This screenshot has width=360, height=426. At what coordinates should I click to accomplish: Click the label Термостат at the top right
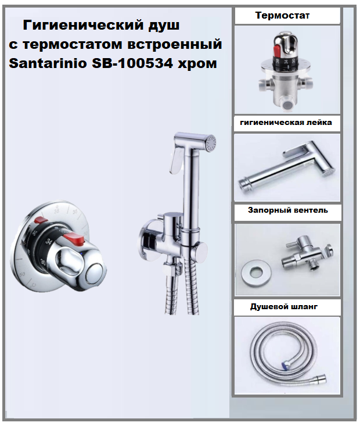(282, 16)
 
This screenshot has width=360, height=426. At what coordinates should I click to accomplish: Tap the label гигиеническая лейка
(286, 123)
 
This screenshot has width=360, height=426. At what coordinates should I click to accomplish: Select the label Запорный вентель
(288, 210)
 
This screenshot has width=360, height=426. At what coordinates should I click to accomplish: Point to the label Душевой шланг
(284, 307)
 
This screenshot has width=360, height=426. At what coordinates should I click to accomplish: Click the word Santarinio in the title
(48, 63)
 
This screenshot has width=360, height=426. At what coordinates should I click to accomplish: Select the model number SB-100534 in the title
(132, 63)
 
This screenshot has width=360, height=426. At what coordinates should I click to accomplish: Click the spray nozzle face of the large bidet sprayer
(211, 142)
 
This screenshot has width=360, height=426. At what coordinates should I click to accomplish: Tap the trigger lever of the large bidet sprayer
(174, 160)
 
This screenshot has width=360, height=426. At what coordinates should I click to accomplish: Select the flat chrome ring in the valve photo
(257, 274)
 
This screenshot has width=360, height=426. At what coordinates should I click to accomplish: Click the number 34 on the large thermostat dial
(49, 241)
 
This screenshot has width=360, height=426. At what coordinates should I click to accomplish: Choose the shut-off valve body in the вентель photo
(298, 254)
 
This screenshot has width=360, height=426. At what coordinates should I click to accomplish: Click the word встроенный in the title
(175, 45)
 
